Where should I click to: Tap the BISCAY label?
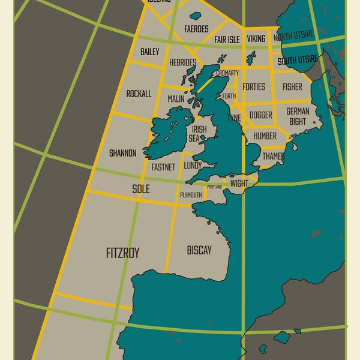pyautogui.click(x=199, y=250)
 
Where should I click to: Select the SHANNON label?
pyautogui.click(x=122, y=153)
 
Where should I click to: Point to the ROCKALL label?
pyautogui.click(x=139, y=94)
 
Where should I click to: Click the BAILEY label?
pyautogui.click(x=149, y=52)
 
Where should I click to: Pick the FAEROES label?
pyautogui.click(x=196, y=29)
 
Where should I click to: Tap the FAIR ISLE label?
pyautogui.click(x=227, y=40)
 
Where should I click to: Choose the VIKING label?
pyautogui.click(x=256, y=39)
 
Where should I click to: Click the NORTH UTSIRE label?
pyautogui.click(x=293, y=37)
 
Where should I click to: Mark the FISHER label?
pyautogui.click(x=292, y=87)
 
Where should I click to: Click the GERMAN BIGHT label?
pyautogui.click(x=298, y=116)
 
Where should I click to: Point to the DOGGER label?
pyautogui.click(x=260, y=115)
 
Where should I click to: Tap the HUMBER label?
pyautogui.click(x=265, y=136)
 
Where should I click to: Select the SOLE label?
pyautogui.click(x=140, y=188)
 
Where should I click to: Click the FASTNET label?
pyautogui.click(x=163, y=167)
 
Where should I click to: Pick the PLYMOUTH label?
pyautogui.click(x=191, y=195)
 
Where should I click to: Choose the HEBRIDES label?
pyautogui.click(x=182, y=62)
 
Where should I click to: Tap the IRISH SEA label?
pyautogui.click(x=199, y=133)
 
